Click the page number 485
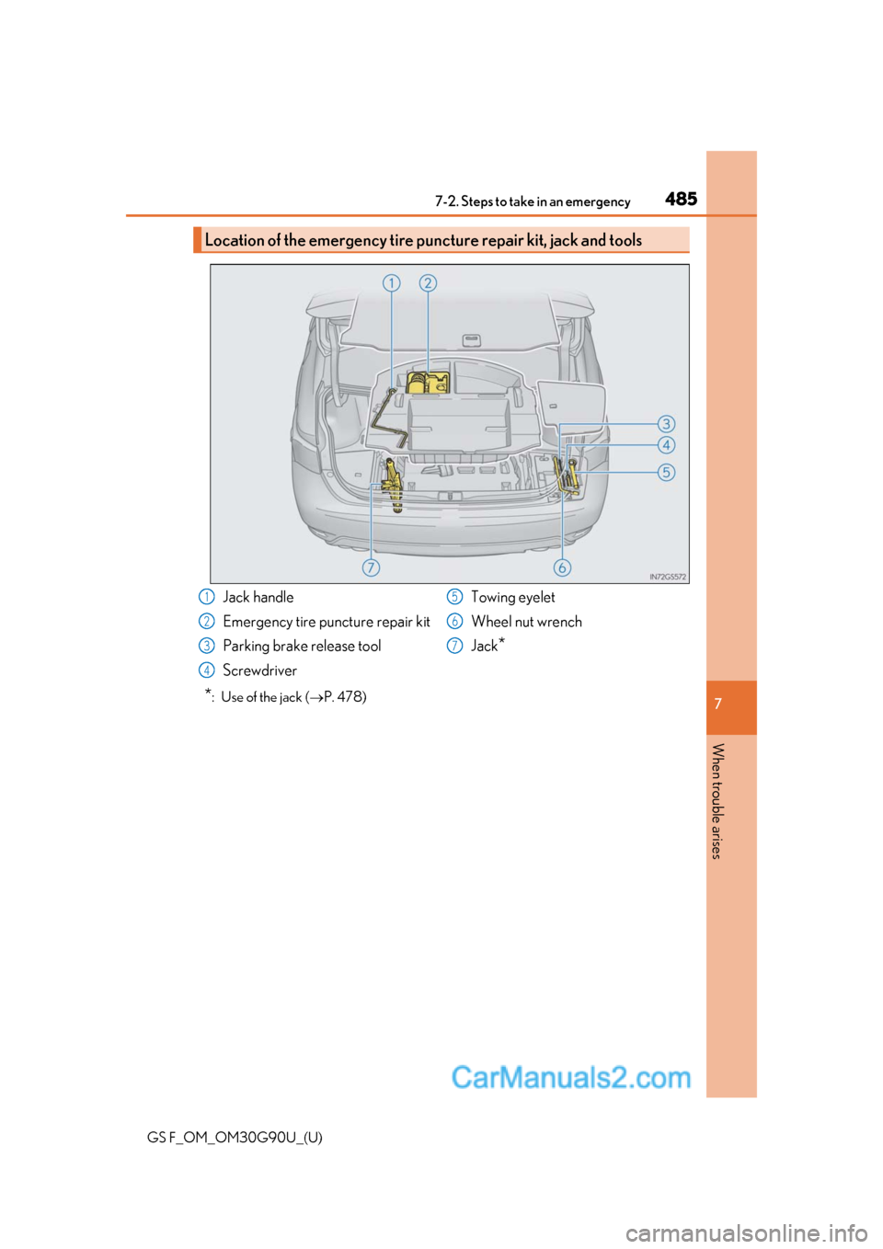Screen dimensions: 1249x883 tap(681, 199)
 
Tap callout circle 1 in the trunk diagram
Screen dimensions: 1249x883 tap(391, 282)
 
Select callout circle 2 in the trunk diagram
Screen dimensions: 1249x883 tap(428, 282)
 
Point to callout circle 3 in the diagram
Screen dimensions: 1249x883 tap(666, 424)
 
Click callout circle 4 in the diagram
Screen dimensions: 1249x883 tap(666, 445)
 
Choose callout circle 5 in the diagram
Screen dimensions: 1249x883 tap(666, 473)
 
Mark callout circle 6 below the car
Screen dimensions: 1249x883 tap(562, 567)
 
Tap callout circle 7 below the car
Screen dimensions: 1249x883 tap(371, 567)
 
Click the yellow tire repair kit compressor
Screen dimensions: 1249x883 tap(427, 383)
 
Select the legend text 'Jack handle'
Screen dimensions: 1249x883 tap(258, 598)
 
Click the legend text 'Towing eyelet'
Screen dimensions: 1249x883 tap(512, 598)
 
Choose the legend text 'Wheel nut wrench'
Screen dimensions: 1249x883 tap(526, 622)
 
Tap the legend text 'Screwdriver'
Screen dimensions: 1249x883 tap(259, 670)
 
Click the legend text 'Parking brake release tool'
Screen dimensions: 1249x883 tap(302, 647)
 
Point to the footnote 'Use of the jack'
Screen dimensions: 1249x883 tap(292, 697)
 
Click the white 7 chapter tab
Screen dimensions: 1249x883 tap(718, 704)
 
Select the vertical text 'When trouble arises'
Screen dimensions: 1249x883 tap(717, 800)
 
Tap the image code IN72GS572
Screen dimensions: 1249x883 tap(667, 577)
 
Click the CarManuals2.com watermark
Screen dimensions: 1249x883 tap(570, 1077)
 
